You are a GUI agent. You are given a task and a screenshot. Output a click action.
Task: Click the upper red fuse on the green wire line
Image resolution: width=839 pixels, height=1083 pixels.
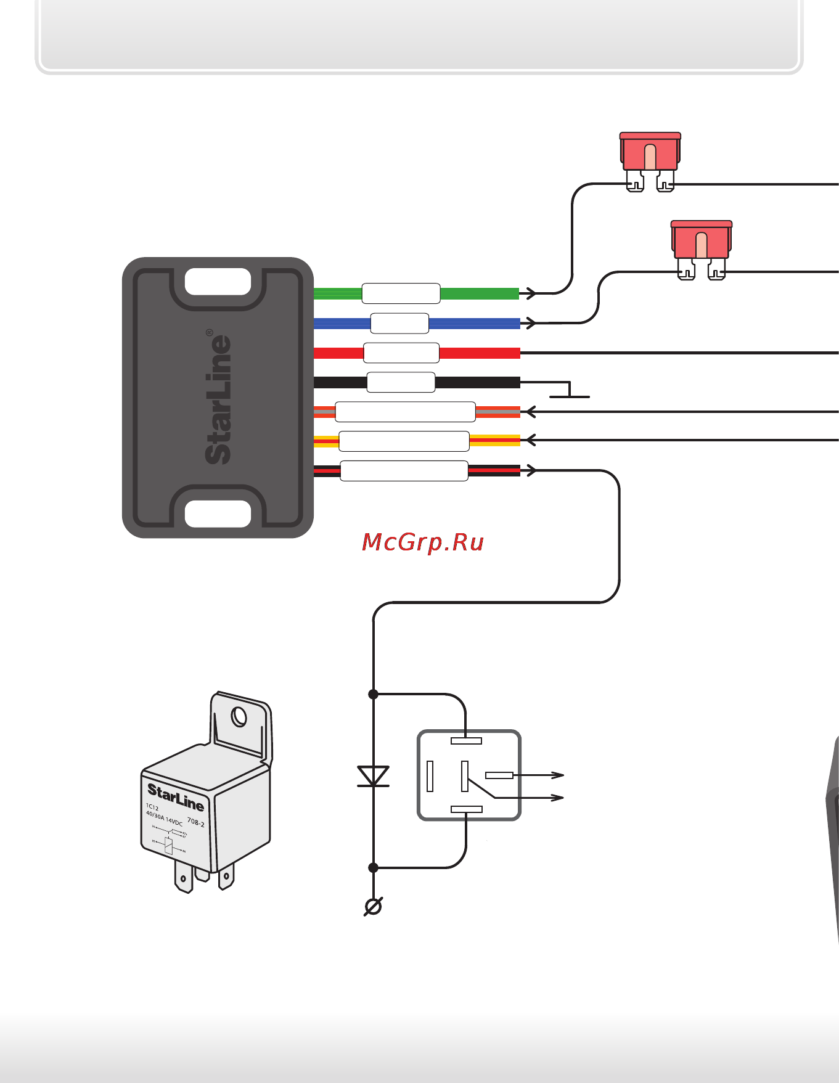tap(650, 154)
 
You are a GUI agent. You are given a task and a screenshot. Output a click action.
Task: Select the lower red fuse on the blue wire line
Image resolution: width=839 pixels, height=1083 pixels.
tap(702, 242)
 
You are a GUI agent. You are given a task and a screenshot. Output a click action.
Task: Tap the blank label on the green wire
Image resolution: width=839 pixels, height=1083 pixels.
tap(401, 293)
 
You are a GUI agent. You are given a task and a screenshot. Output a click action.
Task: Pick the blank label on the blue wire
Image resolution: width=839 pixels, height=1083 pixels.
tap(399, 323)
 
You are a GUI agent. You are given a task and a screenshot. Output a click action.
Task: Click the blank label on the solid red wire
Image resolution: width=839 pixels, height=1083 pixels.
tap(401, 353)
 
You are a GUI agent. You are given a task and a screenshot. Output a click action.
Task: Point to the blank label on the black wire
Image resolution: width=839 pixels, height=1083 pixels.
tap(401, 382)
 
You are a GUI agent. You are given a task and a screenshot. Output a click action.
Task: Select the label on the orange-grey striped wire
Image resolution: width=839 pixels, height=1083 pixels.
tap(405, 411)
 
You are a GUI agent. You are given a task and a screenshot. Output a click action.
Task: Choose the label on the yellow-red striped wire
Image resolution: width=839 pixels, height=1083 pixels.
tap(404, 441)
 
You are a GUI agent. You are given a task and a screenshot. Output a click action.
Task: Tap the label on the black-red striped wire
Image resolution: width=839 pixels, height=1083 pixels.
tap(404, 470)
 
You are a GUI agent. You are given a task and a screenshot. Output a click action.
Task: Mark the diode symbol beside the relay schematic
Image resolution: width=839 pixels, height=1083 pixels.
tap(373, 777)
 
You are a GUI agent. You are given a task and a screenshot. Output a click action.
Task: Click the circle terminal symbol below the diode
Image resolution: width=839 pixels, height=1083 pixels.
tap(373, 906)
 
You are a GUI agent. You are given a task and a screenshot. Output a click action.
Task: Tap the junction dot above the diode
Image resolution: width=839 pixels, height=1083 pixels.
tap(373, 694)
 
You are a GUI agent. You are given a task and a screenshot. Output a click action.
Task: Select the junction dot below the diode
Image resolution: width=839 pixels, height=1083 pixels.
tap(373, 867)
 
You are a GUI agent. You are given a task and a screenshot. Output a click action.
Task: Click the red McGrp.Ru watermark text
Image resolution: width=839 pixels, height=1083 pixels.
tap(423, 542)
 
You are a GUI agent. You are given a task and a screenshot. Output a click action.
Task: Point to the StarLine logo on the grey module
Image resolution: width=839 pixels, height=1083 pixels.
tap(219, 398)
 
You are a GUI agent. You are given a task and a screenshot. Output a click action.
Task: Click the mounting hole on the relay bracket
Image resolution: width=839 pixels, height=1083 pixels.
tap(239, 717)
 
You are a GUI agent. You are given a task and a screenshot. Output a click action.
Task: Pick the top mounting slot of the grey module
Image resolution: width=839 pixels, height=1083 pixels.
tap(218, 282)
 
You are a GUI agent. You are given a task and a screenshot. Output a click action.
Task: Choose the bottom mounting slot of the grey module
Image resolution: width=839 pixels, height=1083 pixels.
tap(218, 513)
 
